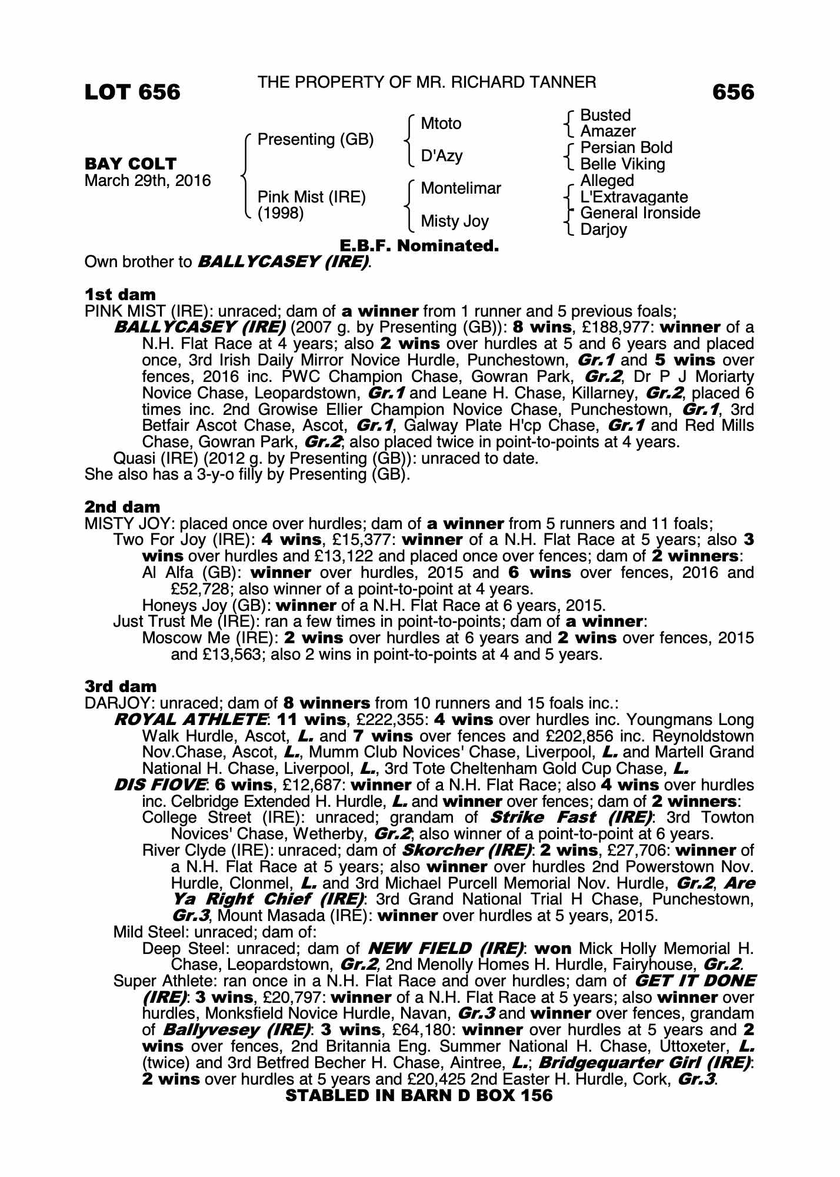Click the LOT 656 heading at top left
pos(132,92)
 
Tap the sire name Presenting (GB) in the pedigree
pos(316,139)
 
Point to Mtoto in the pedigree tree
pos(441,124)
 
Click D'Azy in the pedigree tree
pos(442,156)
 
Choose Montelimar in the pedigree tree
pos(461,188)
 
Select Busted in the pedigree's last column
pos(605,115)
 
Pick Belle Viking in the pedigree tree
pos(622,164)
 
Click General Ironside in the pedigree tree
pos(640,213)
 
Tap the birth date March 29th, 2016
pos(148,181)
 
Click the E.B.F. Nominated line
pos(419,246)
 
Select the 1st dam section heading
pos(121,294)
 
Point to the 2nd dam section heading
pos(122,507)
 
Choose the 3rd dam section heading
pos(121,687)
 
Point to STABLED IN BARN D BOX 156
pos(419,1095)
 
